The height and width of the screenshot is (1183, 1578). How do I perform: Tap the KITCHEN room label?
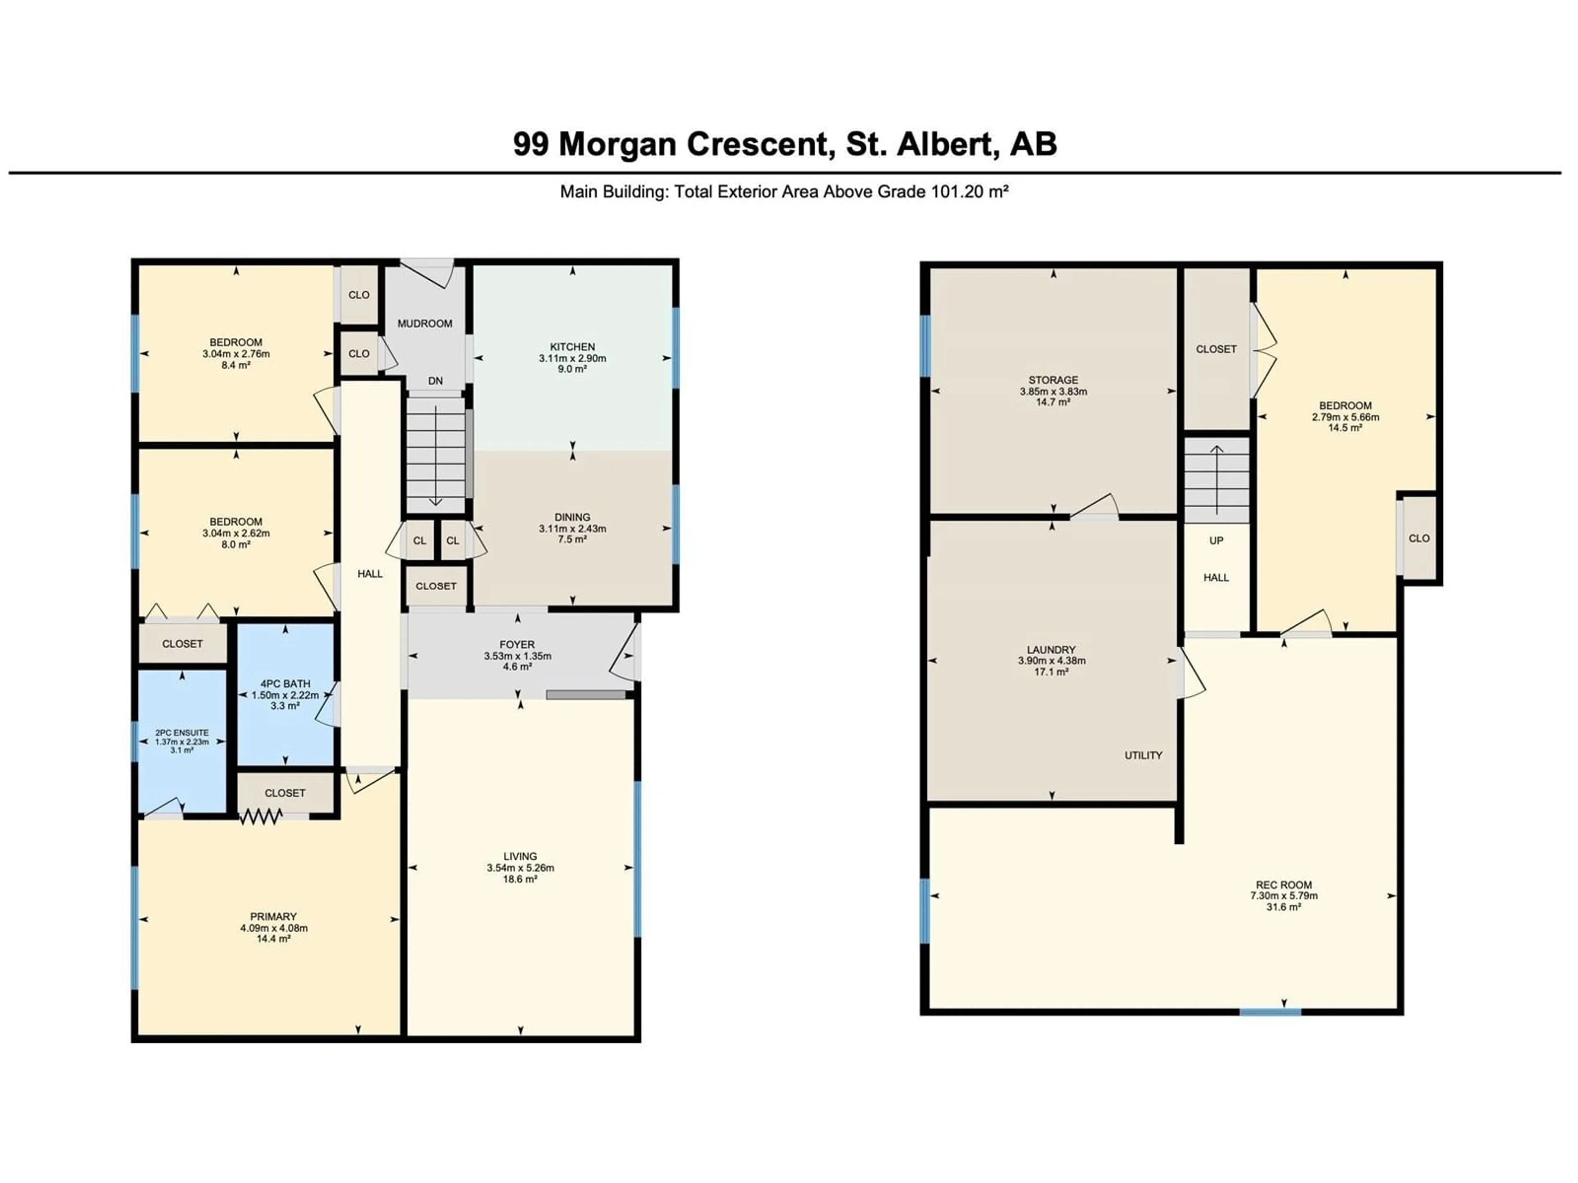click(x=572, y=347)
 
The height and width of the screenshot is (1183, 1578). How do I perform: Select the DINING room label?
click(x=572, y=517)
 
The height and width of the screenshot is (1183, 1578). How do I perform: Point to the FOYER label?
click(x=517, y=644)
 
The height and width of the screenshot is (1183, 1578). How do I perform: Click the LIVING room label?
click(x=520, y=856)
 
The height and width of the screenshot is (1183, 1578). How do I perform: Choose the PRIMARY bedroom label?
click(x=273, y=916)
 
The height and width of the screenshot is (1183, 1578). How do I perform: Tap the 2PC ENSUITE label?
click(x=182, y=732)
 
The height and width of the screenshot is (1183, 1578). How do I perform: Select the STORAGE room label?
click(x=1053, y=380)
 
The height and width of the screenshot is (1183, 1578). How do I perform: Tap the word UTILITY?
click(x=1144, y=755)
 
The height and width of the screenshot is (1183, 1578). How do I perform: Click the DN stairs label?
click(x=435, y=381)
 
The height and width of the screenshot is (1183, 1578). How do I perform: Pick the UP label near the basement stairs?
click(x=1216, y=541)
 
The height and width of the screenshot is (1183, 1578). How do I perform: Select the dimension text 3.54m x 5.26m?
click(x=520, y=868)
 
